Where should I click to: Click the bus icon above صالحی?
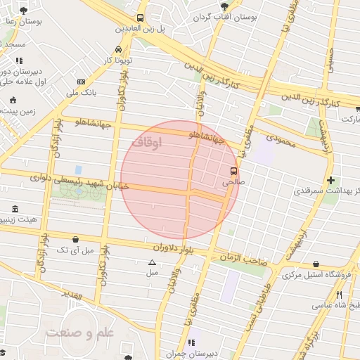(x=233, y=170)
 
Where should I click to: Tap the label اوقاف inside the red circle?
(x=146, y=142)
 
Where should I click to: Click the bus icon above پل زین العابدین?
(x=141, y=18)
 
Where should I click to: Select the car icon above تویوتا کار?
(x=119, y=50)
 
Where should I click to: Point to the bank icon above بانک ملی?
(x=81, y=82)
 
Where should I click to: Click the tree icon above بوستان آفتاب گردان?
(x=224, y=6)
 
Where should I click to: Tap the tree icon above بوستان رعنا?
(x=25, y=11)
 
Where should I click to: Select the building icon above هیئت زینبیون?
(x=15, y=210)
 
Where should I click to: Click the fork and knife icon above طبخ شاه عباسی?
(x=339, y=295)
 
